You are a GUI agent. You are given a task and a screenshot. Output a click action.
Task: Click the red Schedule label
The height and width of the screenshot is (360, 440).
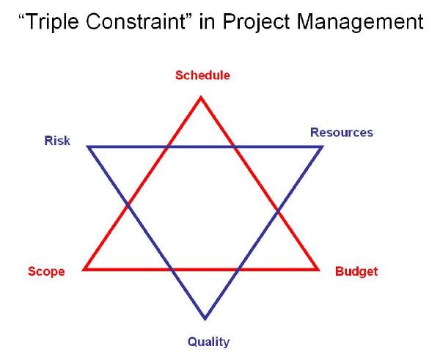[202, 75]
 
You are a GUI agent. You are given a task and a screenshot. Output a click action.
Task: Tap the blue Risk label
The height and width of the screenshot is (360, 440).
[57, 141]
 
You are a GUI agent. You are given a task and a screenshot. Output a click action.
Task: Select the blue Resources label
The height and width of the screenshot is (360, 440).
[341, 133]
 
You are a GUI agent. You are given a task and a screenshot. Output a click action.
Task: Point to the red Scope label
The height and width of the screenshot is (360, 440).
[46, 271]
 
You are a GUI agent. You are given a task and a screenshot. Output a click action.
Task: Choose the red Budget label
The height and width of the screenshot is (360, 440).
[356, 271]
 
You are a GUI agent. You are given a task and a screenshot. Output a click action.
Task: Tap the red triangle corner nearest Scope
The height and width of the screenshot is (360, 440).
[85, 269]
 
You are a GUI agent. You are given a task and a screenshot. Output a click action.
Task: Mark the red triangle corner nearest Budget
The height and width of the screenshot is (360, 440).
[318, 269]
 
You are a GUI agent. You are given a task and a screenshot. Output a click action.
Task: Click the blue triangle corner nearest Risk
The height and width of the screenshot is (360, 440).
[89, 147]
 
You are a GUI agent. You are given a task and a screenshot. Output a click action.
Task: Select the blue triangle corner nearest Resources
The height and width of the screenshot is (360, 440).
[321, 147]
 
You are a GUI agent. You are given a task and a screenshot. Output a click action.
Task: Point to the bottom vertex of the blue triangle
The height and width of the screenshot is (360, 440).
[205, 318]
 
